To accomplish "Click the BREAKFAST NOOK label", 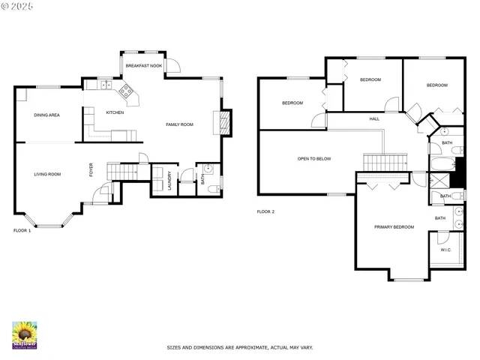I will click(144, 66).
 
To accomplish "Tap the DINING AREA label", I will click(46, 115).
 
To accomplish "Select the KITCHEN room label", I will click(115, 112).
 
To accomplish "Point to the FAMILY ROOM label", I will click(180, 124).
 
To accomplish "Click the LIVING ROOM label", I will click(47, 174).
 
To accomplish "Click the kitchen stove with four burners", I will click(126, 92).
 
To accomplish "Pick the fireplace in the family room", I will click(222, 123).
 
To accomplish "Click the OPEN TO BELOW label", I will click(314, 159).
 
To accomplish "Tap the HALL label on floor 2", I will click(374, 119).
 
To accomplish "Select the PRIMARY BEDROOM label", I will click(394, 226).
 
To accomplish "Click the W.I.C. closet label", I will click(445, 250).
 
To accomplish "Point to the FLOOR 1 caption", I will click(22, 231).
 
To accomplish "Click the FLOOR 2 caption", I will click(265, 212).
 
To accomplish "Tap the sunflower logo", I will click(25, 334).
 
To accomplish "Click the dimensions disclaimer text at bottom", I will click(240, 348).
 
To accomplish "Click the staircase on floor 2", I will click(385, 161).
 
